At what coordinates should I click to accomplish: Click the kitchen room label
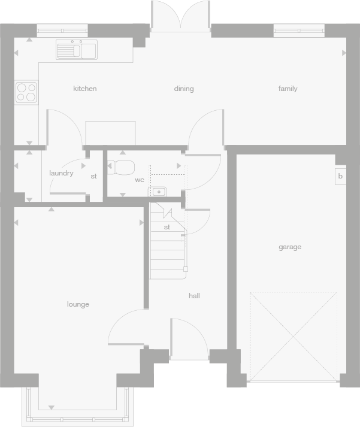click(x=84, y=89)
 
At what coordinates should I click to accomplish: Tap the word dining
click(x=184, y=89)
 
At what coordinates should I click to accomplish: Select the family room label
click(x=288, y=89)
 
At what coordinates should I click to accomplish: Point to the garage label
click(x=290, y=247)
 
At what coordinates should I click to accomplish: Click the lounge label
click(x=78, y=304)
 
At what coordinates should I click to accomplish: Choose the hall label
click(x=194, y=296)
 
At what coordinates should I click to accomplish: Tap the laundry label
click(x=61, y=174)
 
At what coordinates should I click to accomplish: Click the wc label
click(x=139, y=180)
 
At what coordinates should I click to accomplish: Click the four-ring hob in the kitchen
click(x=26, y=92)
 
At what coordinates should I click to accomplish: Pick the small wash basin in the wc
click(x=159, y=192)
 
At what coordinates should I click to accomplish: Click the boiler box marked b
click(x=340, y=177)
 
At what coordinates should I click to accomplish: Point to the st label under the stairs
click(x=167, y=227)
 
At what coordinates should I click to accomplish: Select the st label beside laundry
click(x=93, y=176)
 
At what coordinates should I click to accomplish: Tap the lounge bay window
click(x=75, y=408)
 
